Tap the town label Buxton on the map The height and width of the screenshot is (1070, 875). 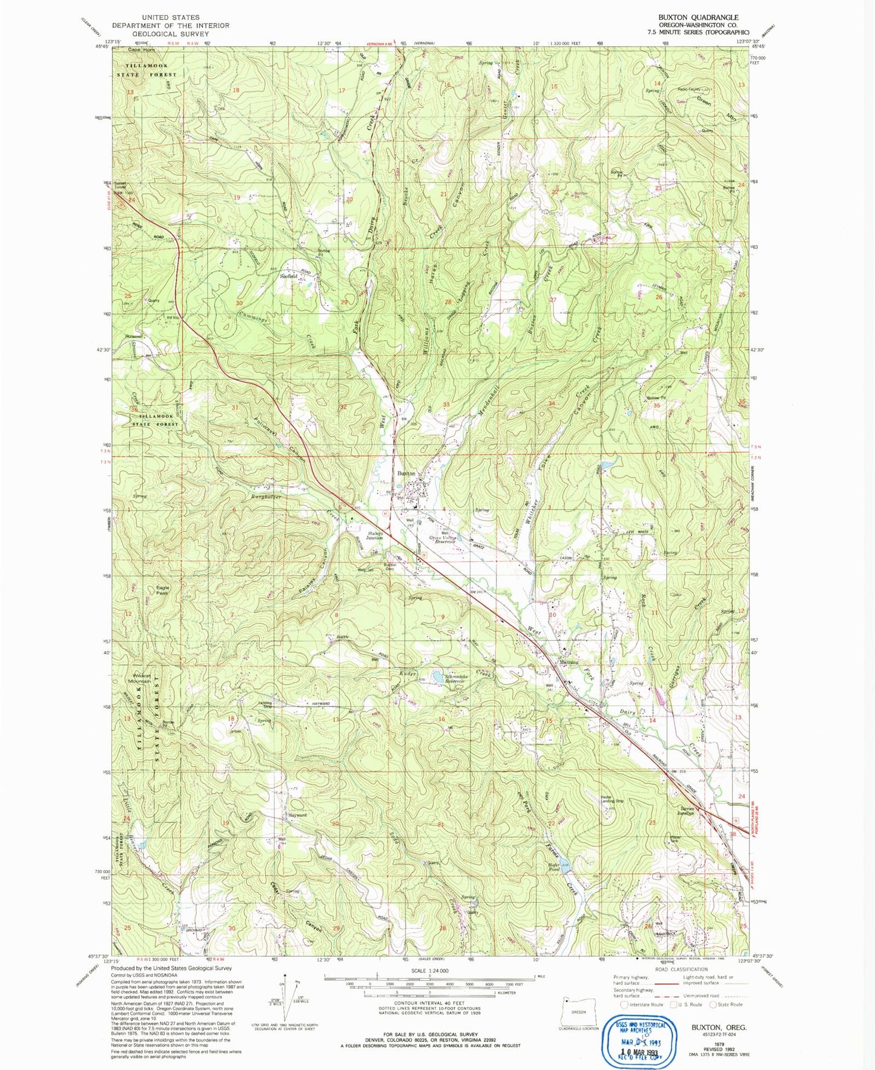(x=406, y=474)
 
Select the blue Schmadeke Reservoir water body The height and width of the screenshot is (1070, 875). (x=437, y=675)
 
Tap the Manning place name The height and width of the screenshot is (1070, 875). (x=567, y=662)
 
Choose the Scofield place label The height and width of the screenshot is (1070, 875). (x=289, y=276)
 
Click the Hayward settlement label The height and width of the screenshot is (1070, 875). (x=297, y=815)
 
